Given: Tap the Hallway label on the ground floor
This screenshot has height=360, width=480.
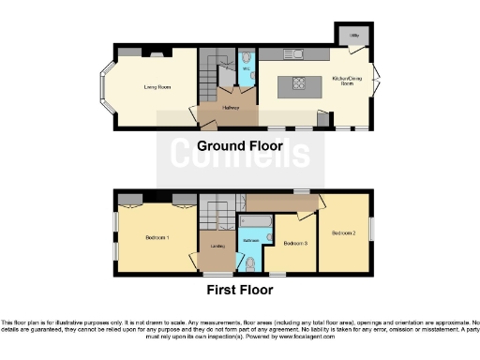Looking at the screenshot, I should click(x=231, y=108).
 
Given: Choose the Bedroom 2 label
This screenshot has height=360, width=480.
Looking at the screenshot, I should click(x=343, y=232).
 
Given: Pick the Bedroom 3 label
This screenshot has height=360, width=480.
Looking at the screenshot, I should click(x=294, y=244).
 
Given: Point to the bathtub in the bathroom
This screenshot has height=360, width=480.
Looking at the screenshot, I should click(x=254, y=221).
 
